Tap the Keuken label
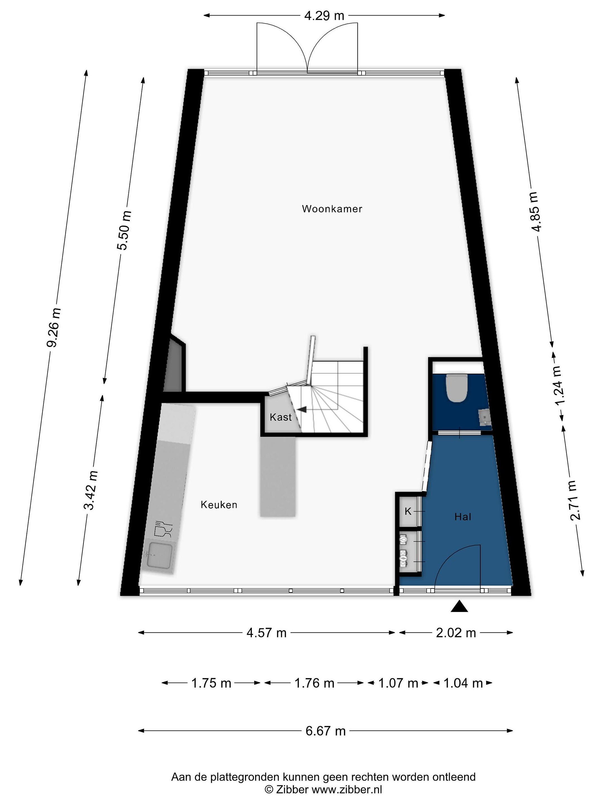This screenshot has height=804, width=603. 219,504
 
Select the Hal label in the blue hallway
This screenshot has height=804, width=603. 463,516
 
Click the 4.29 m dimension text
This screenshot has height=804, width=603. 324,16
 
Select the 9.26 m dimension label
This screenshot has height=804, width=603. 53,327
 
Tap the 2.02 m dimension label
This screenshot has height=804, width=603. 456,633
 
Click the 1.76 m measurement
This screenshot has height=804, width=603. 314,683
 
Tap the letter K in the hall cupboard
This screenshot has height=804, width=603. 408,511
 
